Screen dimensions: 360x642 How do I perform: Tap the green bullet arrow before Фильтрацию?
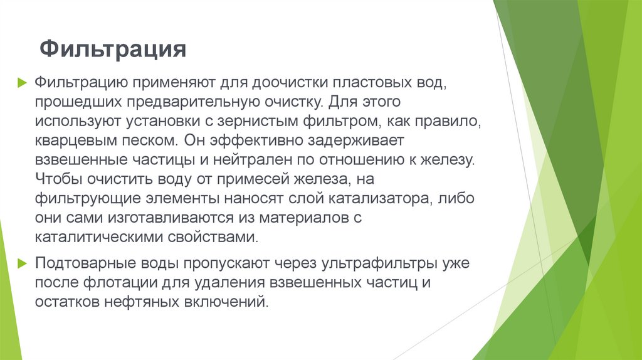pos(22,82)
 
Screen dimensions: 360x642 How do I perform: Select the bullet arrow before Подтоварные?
pos(22,263)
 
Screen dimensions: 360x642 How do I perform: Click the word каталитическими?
pos(98,238)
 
